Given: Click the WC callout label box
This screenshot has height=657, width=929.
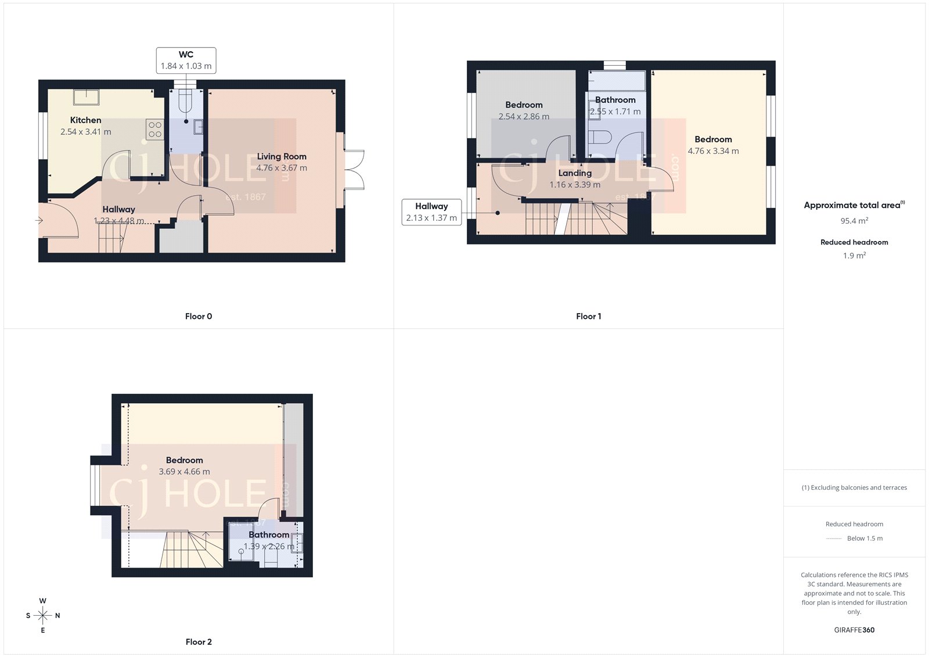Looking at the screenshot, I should coord(186,60).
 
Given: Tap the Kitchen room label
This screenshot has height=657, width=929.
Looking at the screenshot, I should coord(85,120).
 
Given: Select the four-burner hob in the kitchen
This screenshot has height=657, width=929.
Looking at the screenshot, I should coord(155,129).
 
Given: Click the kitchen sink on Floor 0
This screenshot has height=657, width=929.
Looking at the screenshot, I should coord(86,96).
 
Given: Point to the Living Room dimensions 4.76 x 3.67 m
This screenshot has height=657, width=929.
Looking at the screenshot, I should coord(282,168).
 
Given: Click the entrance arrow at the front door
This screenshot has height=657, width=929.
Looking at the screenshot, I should coord(39,220).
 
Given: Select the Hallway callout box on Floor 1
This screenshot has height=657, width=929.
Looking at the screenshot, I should coord(431,212).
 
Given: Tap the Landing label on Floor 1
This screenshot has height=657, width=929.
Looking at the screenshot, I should coord(575,173).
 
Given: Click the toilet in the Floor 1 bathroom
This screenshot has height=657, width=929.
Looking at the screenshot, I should coord(599,138).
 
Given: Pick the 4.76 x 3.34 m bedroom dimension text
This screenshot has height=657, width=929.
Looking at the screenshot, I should coord(713,151).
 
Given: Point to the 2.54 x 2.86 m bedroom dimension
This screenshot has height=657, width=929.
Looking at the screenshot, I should coord(524,117).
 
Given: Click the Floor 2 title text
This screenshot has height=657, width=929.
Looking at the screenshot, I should coord(199,642).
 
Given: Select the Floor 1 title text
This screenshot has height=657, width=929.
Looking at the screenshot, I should coord(588,317).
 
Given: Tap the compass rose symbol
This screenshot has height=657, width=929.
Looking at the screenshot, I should coord(43,615).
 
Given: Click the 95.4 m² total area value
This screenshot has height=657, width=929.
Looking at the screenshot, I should coord(854,221).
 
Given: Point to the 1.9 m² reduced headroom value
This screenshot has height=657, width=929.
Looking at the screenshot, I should coord(854,256).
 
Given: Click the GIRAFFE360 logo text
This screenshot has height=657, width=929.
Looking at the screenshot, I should coord(854,630).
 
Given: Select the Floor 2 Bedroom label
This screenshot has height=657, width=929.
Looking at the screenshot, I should coord(184,460).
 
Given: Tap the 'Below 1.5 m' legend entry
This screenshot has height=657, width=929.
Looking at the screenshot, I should coord(865,538).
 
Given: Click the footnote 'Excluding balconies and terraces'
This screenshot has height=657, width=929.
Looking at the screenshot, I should coord(854,488).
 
